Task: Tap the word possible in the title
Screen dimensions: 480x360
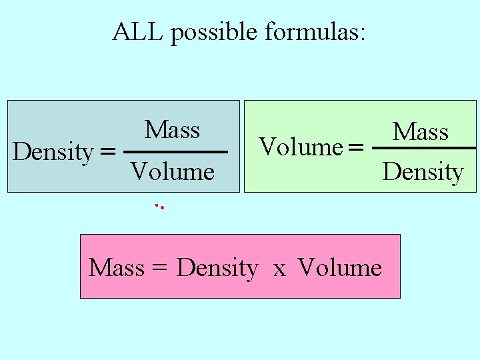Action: tap(214, 33)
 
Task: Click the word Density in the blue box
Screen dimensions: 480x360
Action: tap(53, 153)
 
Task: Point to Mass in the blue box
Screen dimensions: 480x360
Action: tap(172, 129)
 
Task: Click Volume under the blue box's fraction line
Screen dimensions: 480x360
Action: tap(172, 172)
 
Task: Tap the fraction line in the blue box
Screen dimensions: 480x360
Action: tap(176, 153)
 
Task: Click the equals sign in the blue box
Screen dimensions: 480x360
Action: tap(107, 152)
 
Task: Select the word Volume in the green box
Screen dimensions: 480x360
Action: tap(300, 147)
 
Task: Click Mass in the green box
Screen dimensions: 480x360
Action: tap(420, 131)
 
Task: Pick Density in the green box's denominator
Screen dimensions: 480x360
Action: tap(423, 172)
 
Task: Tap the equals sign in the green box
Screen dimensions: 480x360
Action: tap(357, 147)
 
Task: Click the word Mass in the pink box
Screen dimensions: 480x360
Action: tap(117, 268)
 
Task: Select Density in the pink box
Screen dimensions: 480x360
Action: tap(217, 269)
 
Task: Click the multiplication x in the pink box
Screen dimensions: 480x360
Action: tap(279, 269)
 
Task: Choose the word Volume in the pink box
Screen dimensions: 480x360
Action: tap(340, 268)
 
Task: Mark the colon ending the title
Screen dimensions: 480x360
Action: tap(362, 35)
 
